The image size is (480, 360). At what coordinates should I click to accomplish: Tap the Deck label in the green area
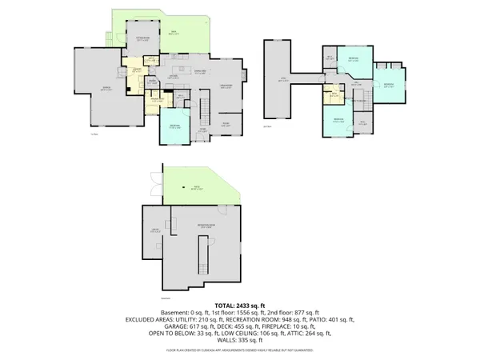click(172, 32)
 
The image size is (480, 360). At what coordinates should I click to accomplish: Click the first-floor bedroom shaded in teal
click(174, 128)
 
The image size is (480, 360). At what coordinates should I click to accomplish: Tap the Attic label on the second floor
click(282, 78)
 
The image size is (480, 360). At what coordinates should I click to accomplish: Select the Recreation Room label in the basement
click(206, 226)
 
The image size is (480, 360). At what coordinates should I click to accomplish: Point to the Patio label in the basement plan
click(194, 188)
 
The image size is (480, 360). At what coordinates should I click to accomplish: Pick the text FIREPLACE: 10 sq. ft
click(314, 328)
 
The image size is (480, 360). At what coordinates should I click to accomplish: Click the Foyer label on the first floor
click(202, 129)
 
